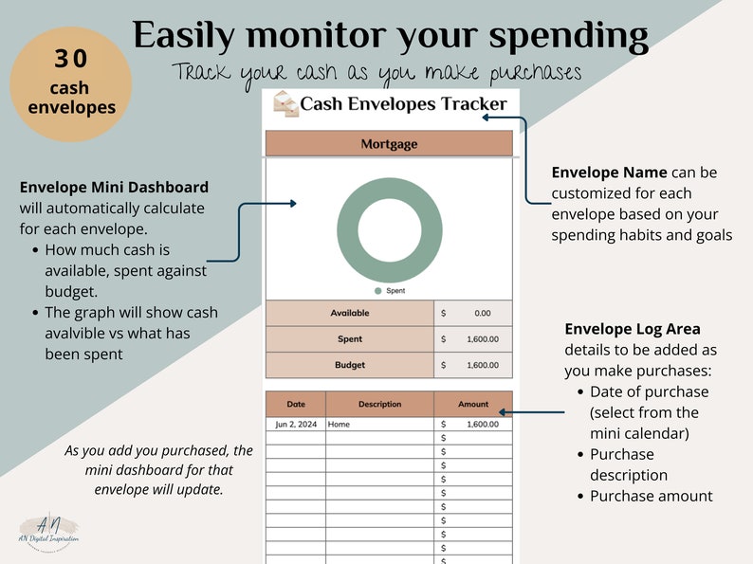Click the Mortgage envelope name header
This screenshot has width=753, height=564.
(x=389, y=143)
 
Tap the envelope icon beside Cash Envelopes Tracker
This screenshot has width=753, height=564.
(x=285, y=103)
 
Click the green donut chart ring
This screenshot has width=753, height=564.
(x=390, y=187)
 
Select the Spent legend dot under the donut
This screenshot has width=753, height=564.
(x=378, y=291)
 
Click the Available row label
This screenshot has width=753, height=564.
(x=350, y=313)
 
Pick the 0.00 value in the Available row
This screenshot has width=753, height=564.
(x=482, y=314)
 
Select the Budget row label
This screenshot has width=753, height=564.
(x=350, y=365)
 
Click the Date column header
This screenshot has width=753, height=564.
(x=296, y=404)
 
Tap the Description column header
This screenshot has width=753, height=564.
(x=380, y=404)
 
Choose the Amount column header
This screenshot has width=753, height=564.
(x=473, y=404)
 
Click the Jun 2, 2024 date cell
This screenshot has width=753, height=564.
(x=296, y=425)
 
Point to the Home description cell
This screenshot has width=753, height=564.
(x=339, y=425)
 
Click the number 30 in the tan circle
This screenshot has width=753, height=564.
(x=71, y=59)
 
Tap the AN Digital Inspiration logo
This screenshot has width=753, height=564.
(x=48, y=531)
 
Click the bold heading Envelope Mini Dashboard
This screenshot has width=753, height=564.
(x=115, y=187)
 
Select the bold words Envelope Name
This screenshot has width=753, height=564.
(x=609, y=173)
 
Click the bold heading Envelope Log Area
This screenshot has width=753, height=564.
(x=633, y=329)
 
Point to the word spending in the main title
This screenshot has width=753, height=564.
(x=569, y=36)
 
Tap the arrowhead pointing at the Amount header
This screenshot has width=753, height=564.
(x=503, y=411)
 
